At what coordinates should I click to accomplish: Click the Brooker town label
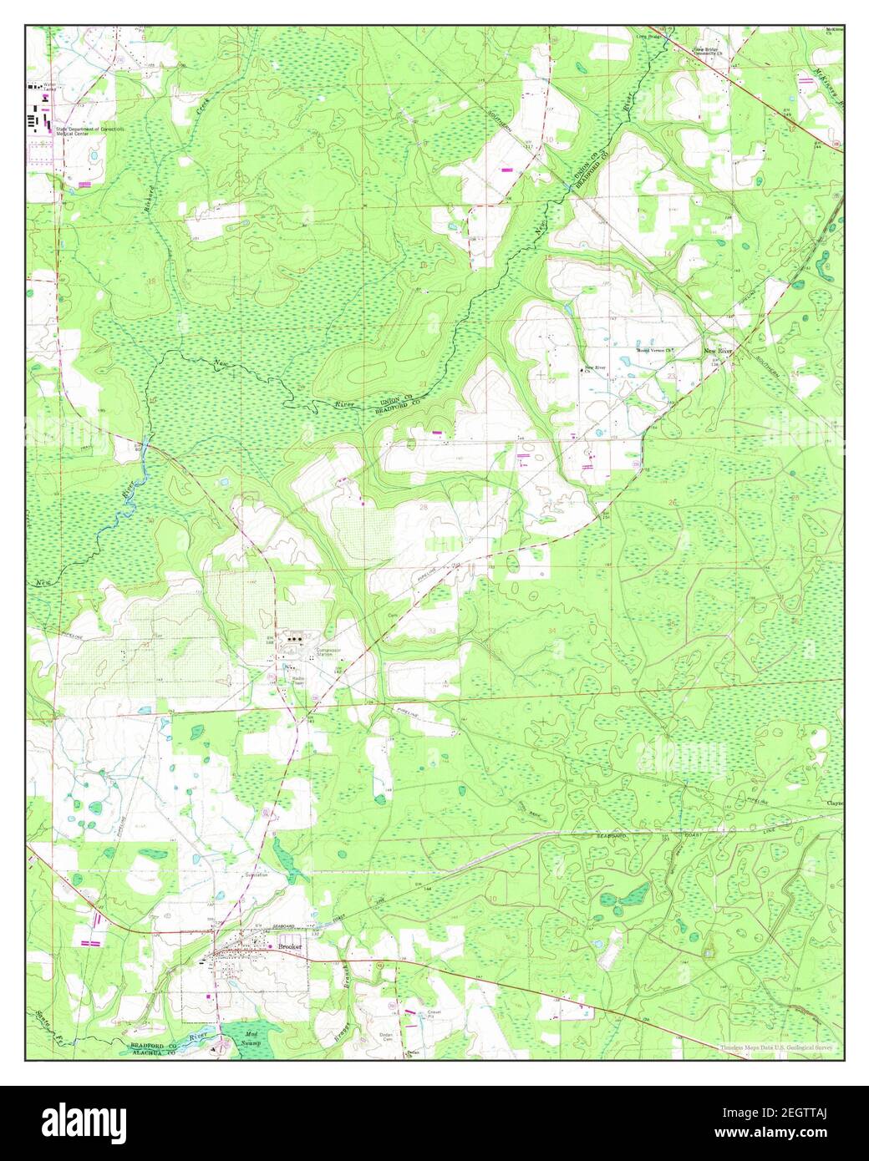pos(290,946)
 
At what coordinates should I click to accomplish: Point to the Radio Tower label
pos(292,671)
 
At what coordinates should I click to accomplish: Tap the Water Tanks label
pos(55,86)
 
